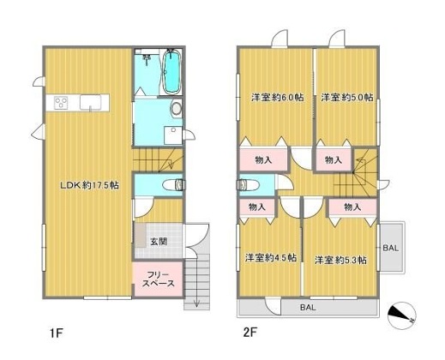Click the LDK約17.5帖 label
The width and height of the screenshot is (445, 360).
click(89, 185)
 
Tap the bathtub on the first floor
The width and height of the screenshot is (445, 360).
click(172, 72)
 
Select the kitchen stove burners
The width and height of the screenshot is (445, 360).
click(61, 103)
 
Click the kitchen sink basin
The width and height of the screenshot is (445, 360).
click(90, 102)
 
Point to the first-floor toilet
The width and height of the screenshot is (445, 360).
click(174, 185)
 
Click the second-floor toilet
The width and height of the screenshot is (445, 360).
click(248, 185)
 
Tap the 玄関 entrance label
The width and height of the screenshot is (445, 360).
click(159, 242)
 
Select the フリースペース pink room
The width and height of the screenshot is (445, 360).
click(158, 279)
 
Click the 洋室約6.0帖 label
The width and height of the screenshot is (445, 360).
click(277, 98)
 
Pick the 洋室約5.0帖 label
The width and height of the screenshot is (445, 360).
click(347, 98)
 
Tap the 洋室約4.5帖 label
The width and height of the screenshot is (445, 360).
click(271, 258)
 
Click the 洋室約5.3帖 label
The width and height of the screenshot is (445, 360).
click(340, 261)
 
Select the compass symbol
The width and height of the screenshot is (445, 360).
click(402, 315)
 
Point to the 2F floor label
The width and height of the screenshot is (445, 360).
click(250, 333)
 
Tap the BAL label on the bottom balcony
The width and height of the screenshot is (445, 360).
click(308, 308)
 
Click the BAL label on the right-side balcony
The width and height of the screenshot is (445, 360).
click(390, 248)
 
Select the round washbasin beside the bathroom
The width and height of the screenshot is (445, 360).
click(177, 109)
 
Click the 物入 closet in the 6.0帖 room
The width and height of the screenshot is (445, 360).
click(263, 159)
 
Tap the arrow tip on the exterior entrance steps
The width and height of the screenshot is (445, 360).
click(196, 307)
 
